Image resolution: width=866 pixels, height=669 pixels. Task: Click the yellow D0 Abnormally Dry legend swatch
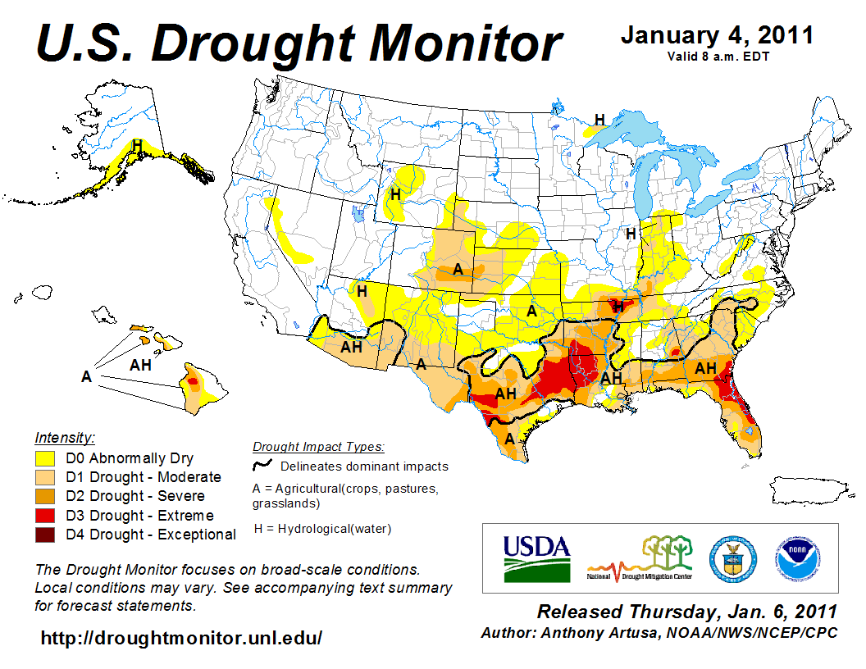[x=44, y=457]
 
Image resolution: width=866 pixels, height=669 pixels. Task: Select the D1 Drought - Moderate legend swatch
[x=44, y=476]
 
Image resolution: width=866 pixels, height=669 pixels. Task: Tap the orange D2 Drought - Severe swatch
[x=44, y=496]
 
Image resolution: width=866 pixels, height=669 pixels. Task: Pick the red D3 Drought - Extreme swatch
[x=44, y=515]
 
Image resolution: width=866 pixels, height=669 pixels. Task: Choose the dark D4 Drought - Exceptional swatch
[x=44, y=535]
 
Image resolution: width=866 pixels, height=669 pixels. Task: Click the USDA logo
[x=536, y=557]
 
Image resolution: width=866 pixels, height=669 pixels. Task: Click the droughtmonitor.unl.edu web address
[x=181, y=637]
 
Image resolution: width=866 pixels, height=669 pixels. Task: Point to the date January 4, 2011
[x=717, y=36]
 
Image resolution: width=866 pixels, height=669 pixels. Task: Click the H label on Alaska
[x=138, y=145]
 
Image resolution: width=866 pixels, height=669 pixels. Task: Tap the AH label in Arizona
[x=352, y=347]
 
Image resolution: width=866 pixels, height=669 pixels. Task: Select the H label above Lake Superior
[x=599, y=120]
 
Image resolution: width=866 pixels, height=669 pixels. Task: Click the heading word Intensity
[x=65, y=437]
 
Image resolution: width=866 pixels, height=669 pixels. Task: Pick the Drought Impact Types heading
[x=317, y=447]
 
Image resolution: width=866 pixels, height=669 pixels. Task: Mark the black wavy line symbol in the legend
[x=262, y=466]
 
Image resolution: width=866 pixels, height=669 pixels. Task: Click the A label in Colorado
[x=458, y=269]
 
